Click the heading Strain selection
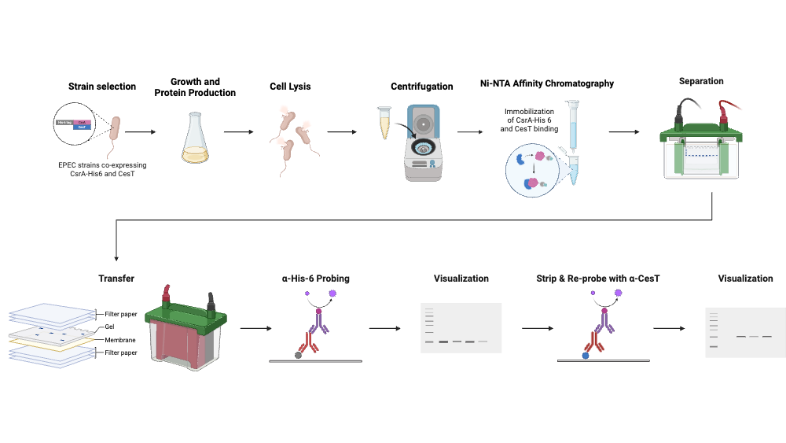pos(102,87)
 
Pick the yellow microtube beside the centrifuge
pos(384,122)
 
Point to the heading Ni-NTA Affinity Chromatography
pos(547,83)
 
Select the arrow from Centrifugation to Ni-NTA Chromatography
pos(470,132)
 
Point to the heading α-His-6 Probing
pos(316,279)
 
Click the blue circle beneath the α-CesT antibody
pos(586,356)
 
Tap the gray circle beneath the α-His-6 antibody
pos(298,356)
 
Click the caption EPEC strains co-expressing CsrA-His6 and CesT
pos(103,169)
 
